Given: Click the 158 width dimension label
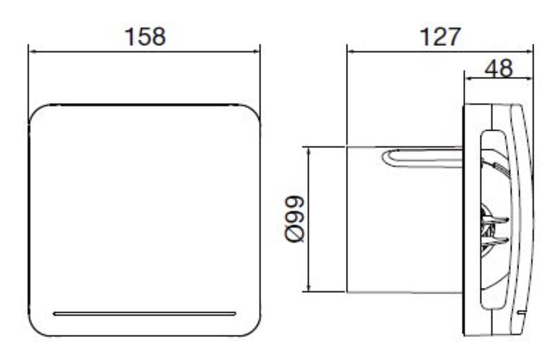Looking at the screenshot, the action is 145,37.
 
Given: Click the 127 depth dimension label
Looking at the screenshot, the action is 440,37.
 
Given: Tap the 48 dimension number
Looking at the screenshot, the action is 499,68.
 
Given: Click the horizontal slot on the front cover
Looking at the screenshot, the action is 145,313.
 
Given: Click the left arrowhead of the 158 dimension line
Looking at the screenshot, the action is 32,52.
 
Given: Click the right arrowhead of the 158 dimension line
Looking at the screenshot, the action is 256,52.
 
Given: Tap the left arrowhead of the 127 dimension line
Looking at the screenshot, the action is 351,52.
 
